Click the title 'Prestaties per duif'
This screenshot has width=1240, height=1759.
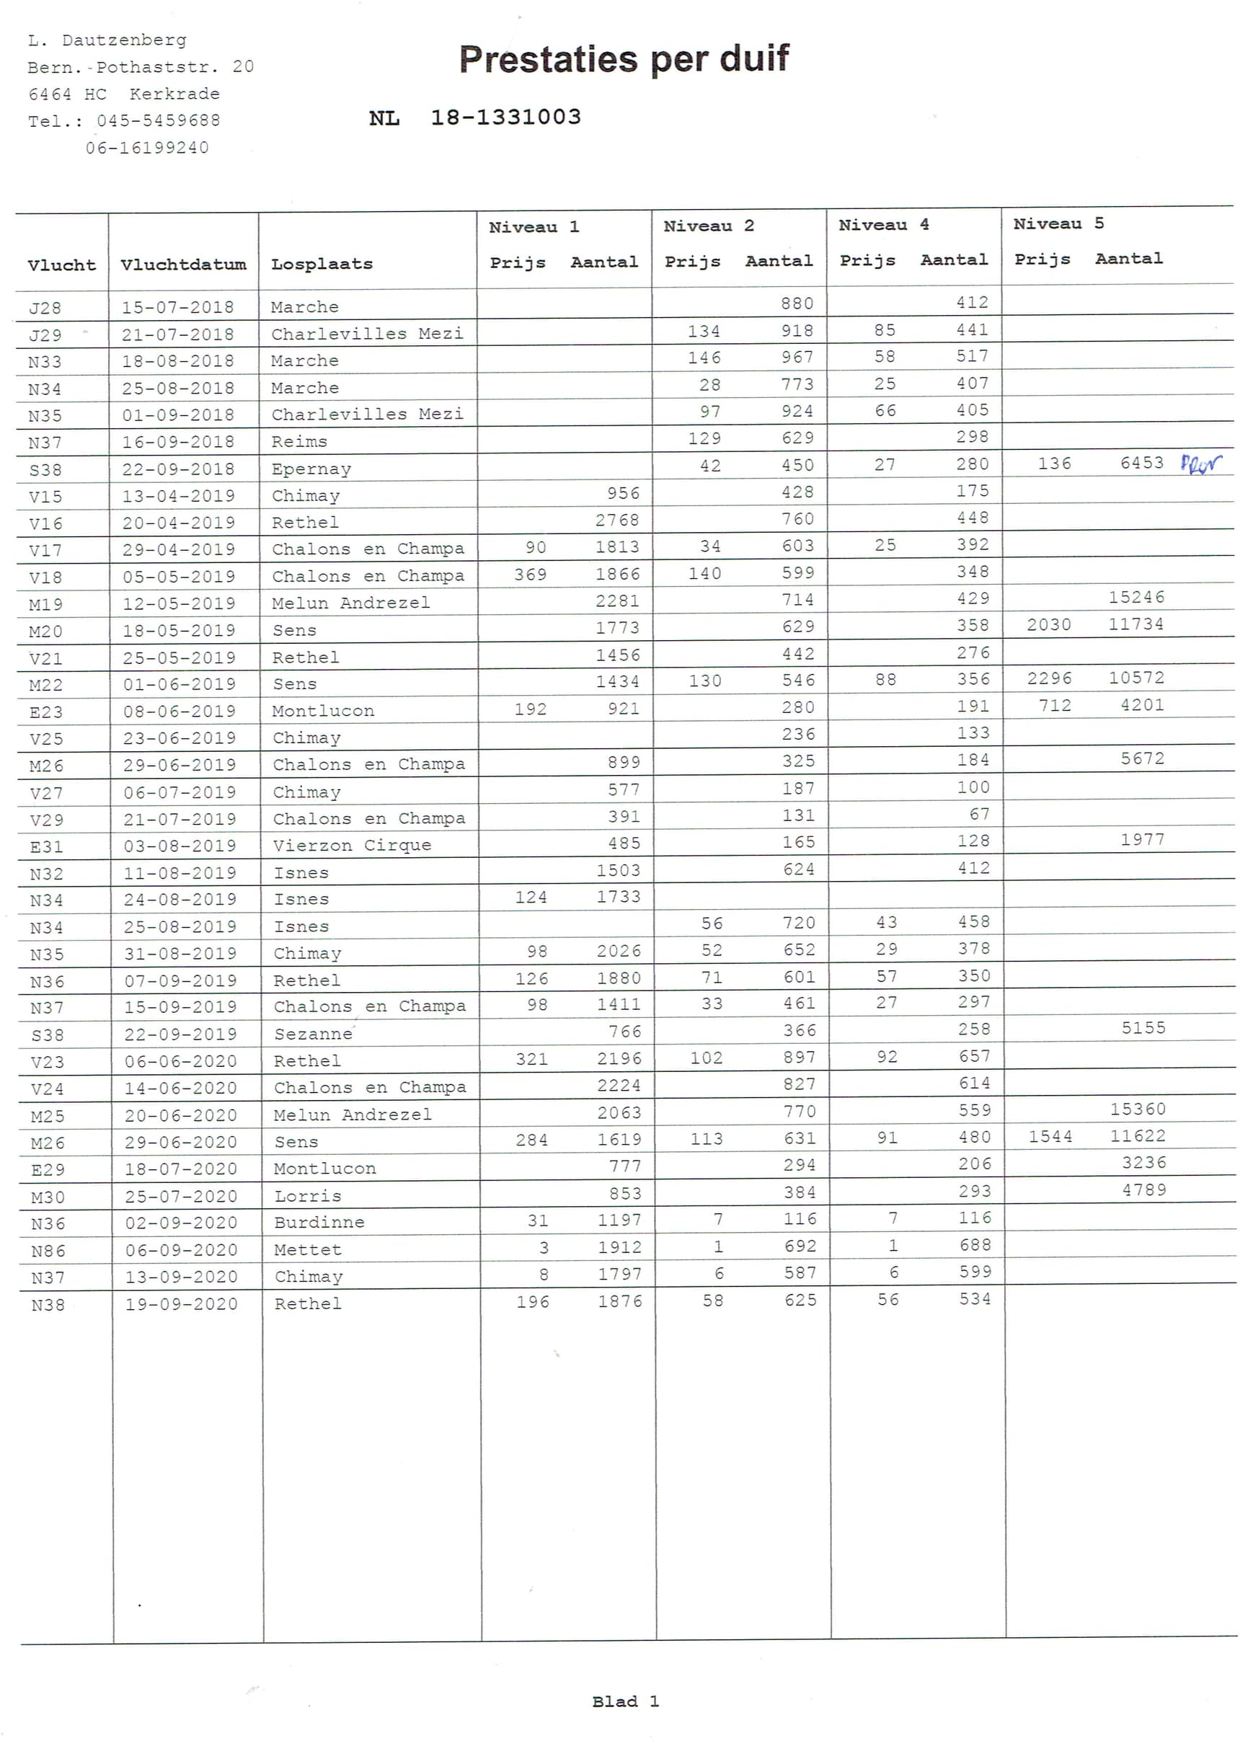[x=623, y=59]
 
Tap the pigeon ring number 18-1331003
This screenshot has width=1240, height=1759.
[x=505, y=118]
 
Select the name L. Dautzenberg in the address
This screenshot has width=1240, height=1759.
[x=107, y=40]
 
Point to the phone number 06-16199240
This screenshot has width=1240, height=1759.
[x=147, y=147]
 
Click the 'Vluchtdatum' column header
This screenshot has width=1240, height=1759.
[x=183, y=265]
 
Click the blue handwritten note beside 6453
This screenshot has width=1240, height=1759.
[x=1200, y=464]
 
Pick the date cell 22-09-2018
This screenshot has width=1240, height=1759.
[x=178, y=469]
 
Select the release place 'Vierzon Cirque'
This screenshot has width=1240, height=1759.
[x=352, y=845]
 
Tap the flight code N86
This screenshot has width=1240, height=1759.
[x=48, y=1251]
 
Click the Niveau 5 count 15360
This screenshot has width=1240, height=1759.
[x=1138, y=1109]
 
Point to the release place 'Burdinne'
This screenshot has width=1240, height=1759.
[x=319, y=1223]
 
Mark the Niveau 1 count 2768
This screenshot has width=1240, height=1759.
[x=617, y=520]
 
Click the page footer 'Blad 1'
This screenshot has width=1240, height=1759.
[x=624, y=1701]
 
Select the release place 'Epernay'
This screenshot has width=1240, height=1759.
[x=311, y=469]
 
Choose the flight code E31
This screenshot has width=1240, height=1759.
[x=46, y=846]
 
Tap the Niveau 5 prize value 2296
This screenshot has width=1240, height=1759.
[x=1049, y=678]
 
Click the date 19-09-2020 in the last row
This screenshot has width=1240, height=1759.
[x=181, y=1304]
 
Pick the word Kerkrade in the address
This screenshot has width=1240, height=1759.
[x=174, y=94]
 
